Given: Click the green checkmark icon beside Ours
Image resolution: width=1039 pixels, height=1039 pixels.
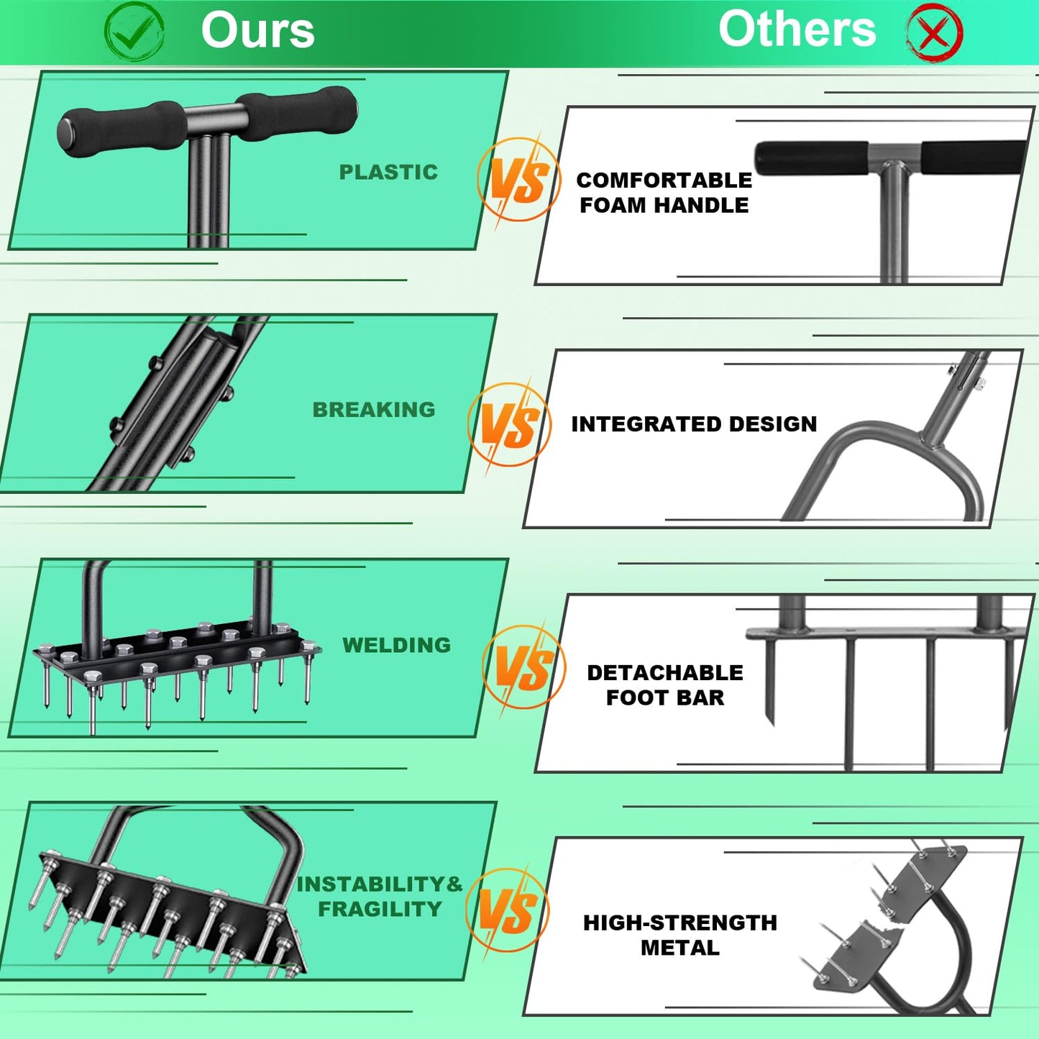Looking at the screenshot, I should [x=134, y=32].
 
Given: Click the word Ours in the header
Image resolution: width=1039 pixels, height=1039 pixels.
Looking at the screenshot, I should [x=257, y=30].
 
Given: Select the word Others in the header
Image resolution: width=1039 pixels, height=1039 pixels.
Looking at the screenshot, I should [x=797, y=29].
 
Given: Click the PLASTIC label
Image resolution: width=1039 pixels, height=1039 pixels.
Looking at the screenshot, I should [x=388, y=173].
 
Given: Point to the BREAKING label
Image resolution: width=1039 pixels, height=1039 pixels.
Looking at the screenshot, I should [x=374, y=410].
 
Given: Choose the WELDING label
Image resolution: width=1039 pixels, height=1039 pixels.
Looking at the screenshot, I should [x=396, y=645].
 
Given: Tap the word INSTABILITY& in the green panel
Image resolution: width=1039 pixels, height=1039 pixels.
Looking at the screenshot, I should [x=380, y=884].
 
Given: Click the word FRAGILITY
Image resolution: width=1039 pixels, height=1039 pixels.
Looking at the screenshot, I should [x=380, y=909].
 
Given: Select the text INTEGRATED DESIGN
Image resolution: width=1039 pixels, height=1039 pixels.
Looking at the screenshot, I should [x=694, y=424].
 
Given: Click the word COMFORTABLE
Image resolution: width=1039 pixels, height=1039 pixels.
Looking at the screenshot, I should [x=664, y=180].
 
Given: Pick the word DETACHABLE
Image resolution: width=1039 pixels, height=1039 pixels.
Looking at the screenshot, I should [x=665, y=673].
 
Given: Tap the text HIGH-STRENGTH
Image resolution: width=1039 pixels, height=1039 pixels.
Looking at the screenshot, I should [x=679, y=923].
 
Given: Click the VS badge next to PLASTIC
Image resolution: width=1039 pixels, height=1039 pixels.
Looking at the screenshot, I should [x=519, y=180].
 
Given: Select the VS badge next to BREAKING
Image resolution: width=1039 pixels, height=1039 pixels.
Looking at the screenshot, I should [x=509, y=424].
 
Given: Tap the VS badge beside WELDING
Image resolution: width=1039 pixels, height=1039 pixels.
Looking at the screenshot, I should [x=524, y=667].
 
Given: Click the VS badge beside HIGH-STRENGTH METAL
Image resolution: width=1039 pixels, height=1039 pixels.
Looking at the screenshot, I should [x=508, y=910].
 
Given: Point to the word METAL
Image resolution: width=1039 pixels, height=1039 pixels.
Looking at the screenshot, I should [x=679, y=948].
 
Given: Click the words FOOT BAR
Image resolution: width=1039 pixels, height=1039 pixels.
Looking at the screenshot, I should [x=665, y=697].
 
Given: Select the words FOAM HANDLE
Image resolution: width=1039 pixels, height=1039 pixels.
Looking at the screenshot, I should [x=664, y=206].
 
